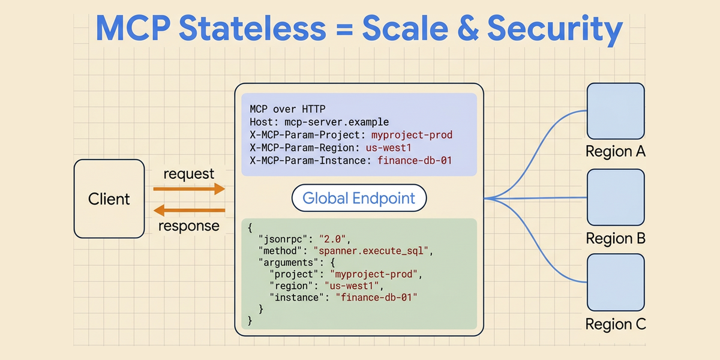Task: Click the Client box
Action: [x=109, y=199]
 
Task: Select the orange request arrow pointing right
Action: [x=189, y=188]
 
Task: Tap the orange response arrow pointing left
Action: [x=189, y=211]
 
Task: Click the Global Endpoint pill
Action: [x=359, y=198]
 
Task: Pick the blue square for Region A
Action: [x=616, y=111]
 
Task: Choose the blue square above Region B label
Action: [x=616, y=197]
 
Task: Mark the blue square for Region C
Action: [x=616, y=282]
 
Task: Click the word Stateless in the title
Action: [x=253, y=28]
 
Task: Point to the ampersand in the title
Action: [x=467, y=28]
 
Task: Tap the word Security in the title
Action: [x=555, y=29]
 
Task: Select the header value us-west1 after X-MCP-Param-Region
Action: [x=389, y=148]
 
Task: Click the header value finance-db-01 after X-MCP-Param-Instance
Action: [x=415, y=160]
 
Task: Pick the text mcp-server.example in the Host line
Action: [x=337, y=122]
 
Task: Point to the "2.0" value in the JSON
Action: [x=332, y=239]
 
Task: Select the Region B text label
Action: [x=616, y=239]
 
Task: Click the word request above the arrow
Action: [x=188, y=174]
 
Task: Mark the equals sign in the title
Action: [x=344, y=29]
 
